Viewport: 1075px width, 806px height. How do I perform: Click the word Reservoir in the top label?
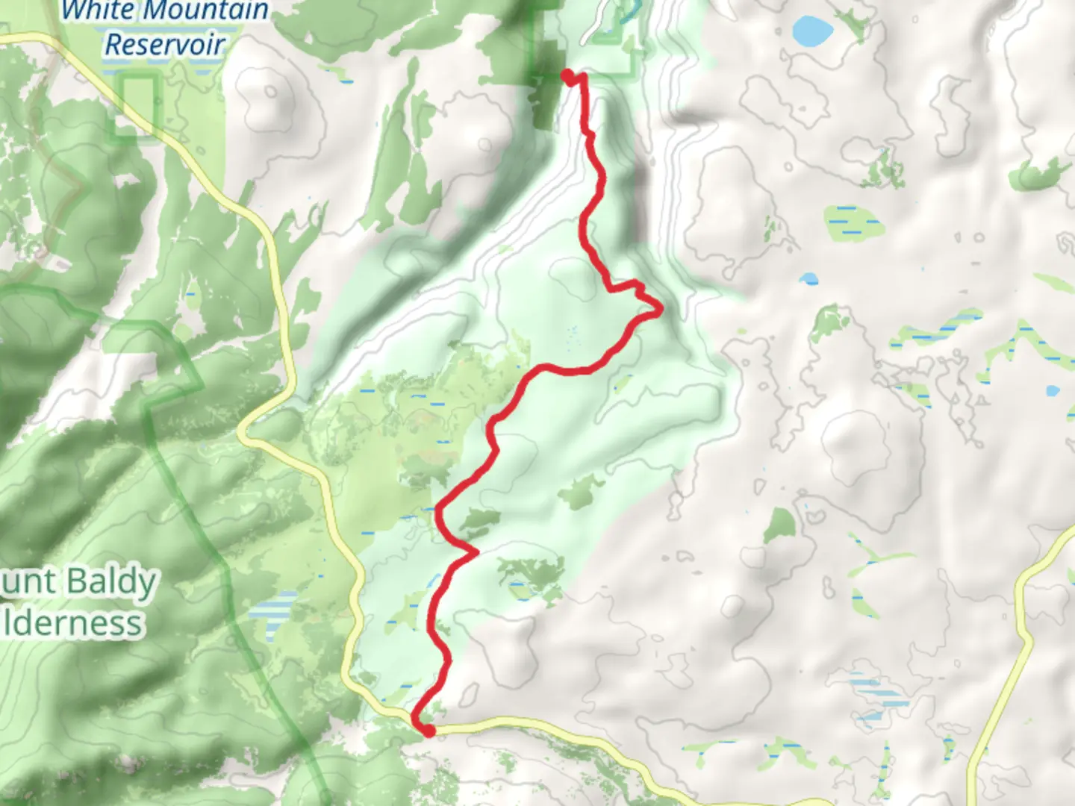click(x=164, y=45)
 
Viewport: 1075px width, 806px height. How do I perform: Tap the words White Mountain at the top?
click(x=164, y=10)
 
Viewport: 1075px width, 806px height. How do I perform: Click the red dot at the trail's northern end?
click(x=567, y=75)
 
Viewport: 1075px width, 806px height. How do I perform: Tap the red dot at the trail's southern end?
click(x=428, y=731)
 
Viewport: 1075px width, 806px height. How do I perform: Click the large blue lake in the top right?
click(x=812, y=31)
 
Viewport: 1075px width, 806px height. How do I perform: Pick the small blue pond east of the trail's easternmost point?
click(x=808, y=279)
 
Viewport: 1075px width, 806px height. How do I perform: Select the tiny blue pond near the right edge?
click(x=1053, y=390)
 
